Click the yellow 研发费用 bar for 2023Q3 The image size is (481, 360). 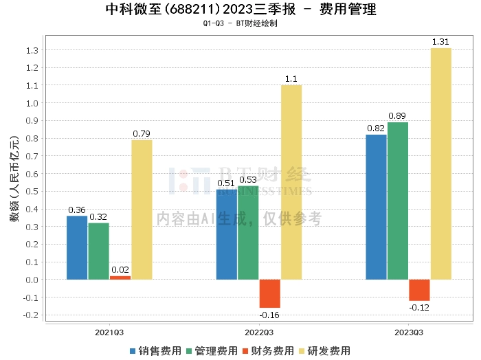point(441,164)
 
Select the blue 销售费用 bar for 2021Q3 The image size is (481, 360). point(77,248)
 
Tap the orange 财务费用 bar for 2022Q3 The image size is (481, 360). point(270,293)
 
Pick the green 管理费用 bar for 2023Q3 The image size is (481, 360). point(398,201)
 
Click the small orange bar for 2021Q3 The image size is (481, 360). point(120,278)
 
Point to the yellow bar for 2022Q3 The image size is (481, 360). point(291,182)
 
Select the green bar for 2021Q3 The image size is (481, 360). point(99,251)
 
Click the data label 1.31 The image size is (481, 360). point(440,42)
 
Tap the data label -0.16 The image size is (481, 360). point(269,315)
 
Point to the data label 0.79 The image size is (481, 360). point(142,134)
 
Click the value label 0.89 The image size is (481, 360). point(397,116)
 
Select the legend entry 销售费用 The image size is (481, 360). point(155,351)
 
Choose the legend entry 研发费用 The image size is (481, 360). point(324,351)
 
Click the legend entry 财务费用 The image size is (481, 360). point(268,351)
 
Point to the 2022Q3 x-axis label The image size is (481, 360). point(259,333)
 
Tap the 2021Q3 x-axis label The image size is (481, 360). point(109,333)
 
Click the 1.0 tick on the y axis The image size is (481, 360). point(32,103)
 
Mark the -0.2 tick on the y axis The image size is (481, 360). point(31,315)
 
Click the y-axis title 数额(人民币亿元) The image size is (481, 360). point(14,179)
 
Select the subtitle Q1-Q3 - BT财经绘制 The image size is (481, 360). point(240,23)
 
